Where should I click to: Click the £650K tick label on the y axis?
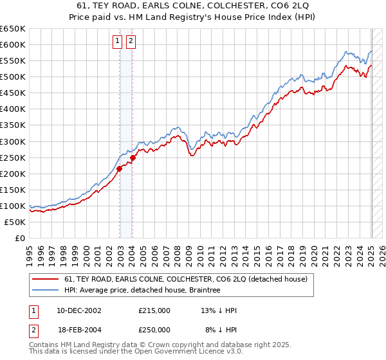[13, 29]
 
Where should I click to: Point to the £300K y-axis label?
[13, 141]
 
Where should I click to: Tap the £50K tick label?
[15, 222]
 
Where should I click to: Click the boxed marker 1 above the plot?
[118, 42]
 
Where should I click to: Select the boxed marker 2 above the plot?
[131, 42]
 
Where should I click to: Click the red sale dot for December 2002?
[120, 168]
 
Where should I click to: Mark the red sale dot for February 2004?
[133, 157]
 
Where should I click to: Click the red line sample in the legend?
[46, 279]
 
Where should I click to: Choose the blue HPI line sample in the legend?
[46, 290]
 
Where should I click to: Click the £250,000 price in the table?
[154, 329]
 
